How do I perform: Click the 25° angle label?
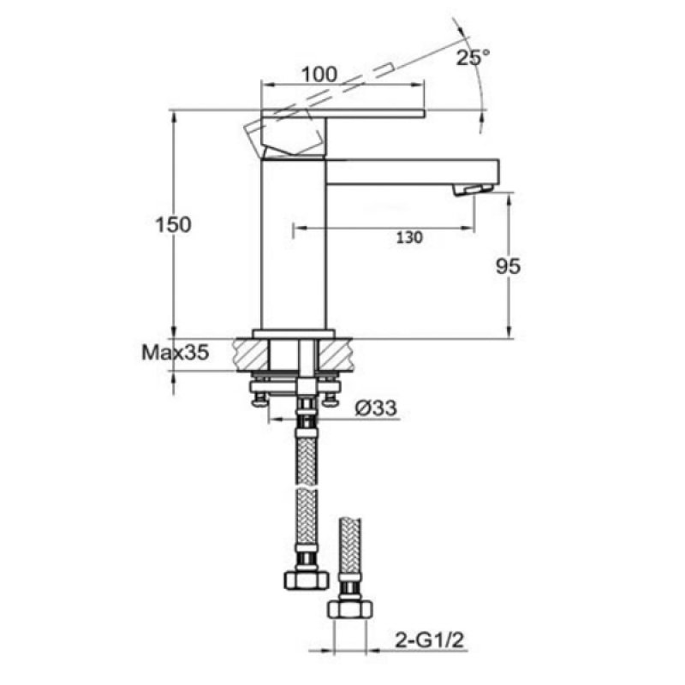click(x=474, y=57)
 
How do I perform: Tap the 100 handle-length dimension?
click(x=319, y=74)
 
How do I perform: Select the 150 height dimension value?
click(x=174, y=225)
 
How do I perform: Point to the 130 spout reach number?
click(x=409, y=238)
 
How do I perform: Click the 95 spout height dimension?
click(x=508, y=266)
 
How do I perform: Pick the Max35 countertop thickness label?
click(x=176, y=352)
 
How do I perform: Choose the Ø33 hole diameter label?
click(x=376, y=408)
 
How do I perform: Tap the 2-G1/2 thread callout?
click(x=429, y=641)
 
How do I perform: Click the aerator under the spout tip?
click(x=474, y=189)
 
